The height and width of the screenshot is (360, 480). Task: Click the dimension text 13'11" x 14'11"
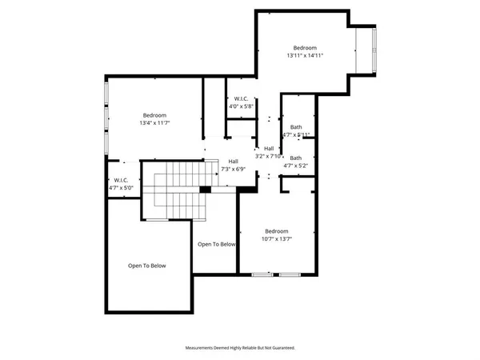coord(305,56)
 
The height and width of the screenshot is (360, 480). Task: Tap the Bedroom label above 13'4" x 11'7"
coord(154,114)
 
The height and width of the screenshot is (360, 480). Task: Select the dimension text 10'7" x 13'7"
coord(276,239)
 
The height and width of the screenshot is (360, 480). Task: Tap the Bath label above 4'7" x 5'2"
coord(296,158)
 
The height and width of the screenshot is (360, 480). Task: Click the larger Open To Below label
coord(147,266)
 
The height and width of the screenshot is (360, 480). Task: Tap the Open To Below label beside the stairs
coord(217,244)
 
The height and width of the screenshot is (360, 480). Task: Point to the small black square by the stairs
coord(205,190)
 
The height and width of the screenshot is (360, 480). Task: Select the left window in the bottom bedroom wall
coord(261,275)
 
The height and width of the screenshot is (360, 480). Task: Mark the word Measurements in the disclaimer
coord(202,348)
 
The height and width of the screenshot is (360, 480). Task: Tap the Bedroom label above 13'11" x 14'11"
coord(305,47)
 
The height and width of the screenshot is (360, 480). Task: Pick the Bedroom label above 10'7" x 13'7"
coord(276,230)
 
